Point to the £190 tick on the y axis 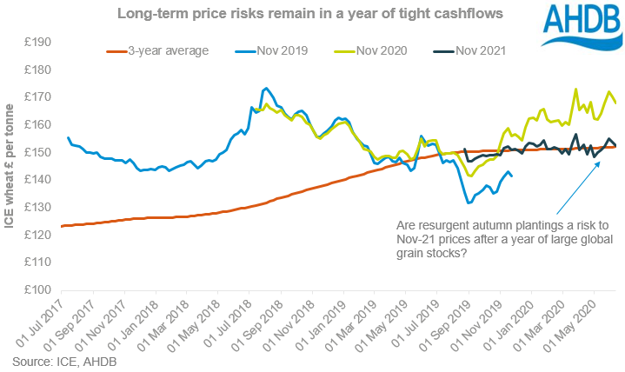tap(37, 42)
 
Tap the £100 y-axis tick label tap(37, 290)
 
